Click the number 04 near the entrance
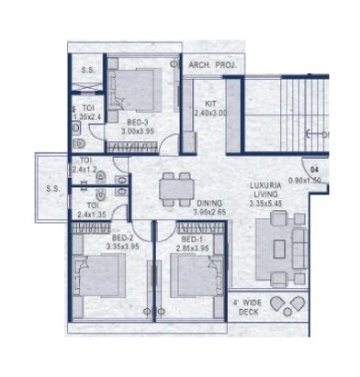click(313, 170)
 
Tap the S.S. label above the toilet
click(88, 69)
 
